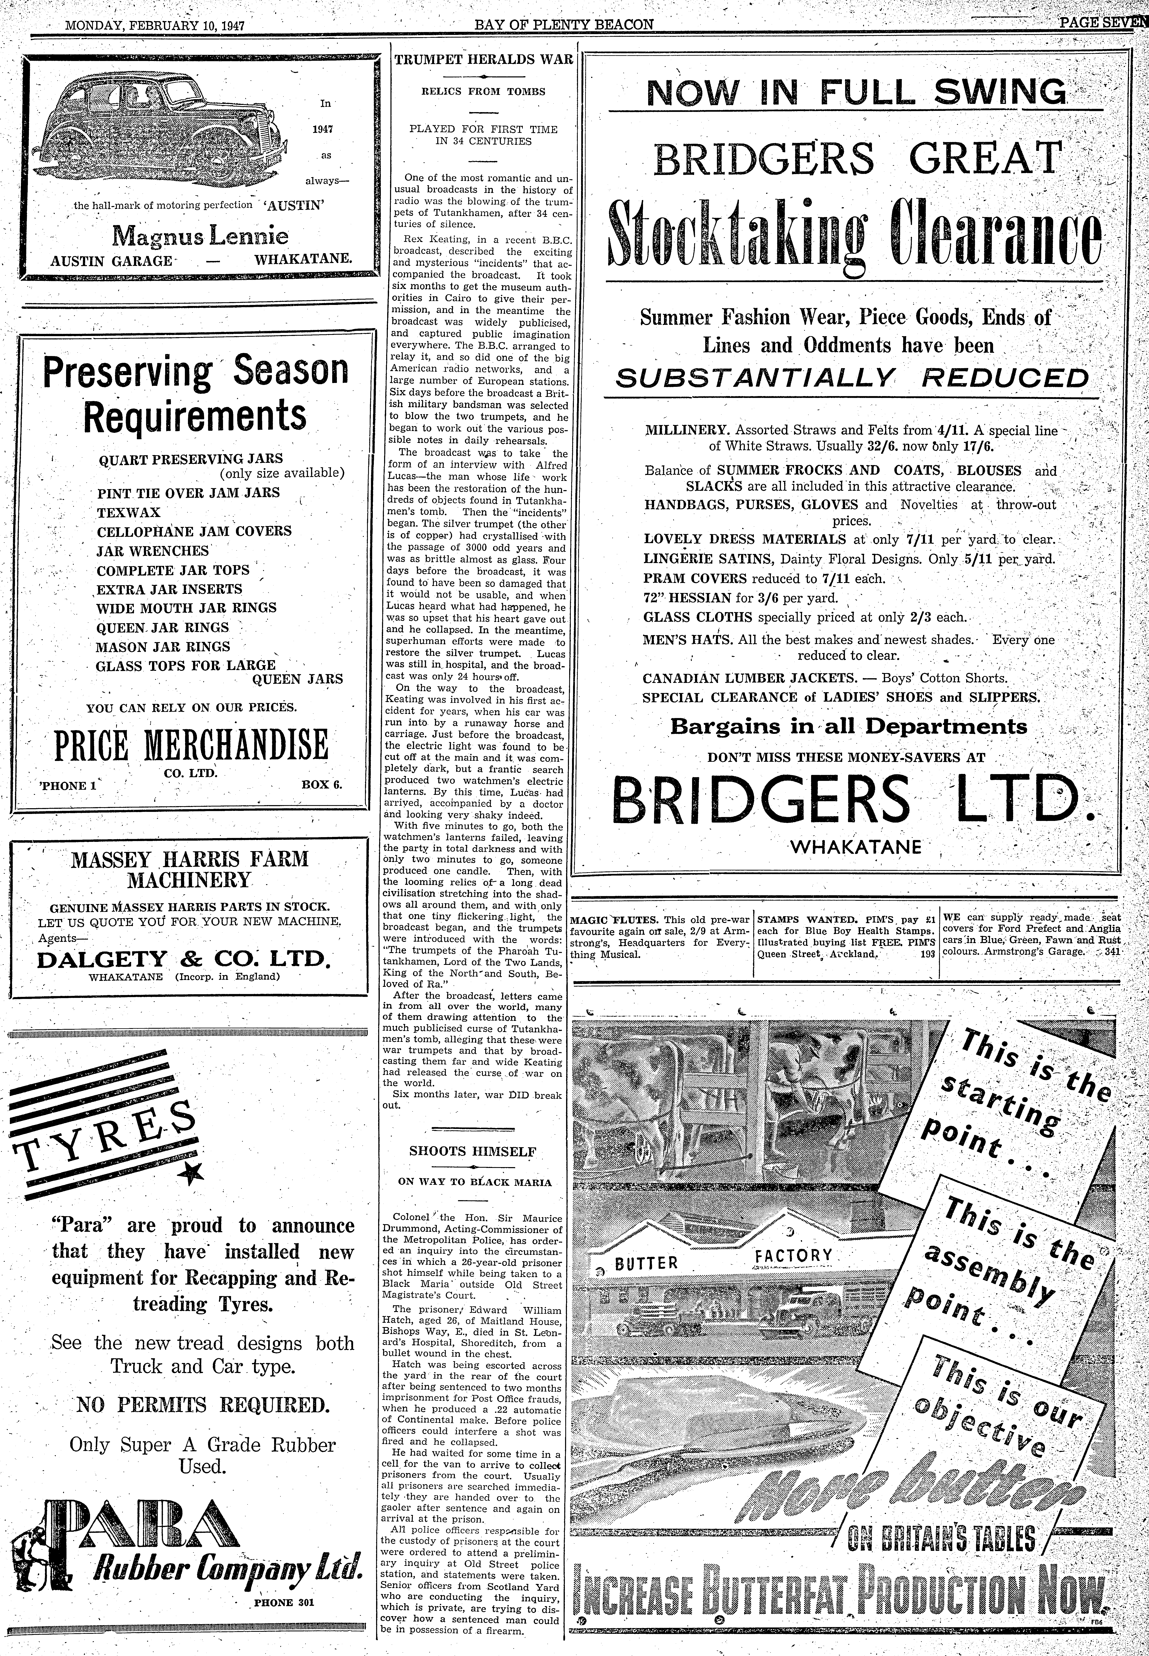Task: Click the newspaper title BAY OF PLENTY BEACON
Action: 564,24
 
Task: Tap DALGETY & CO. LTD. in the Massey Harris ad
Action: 184,960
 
